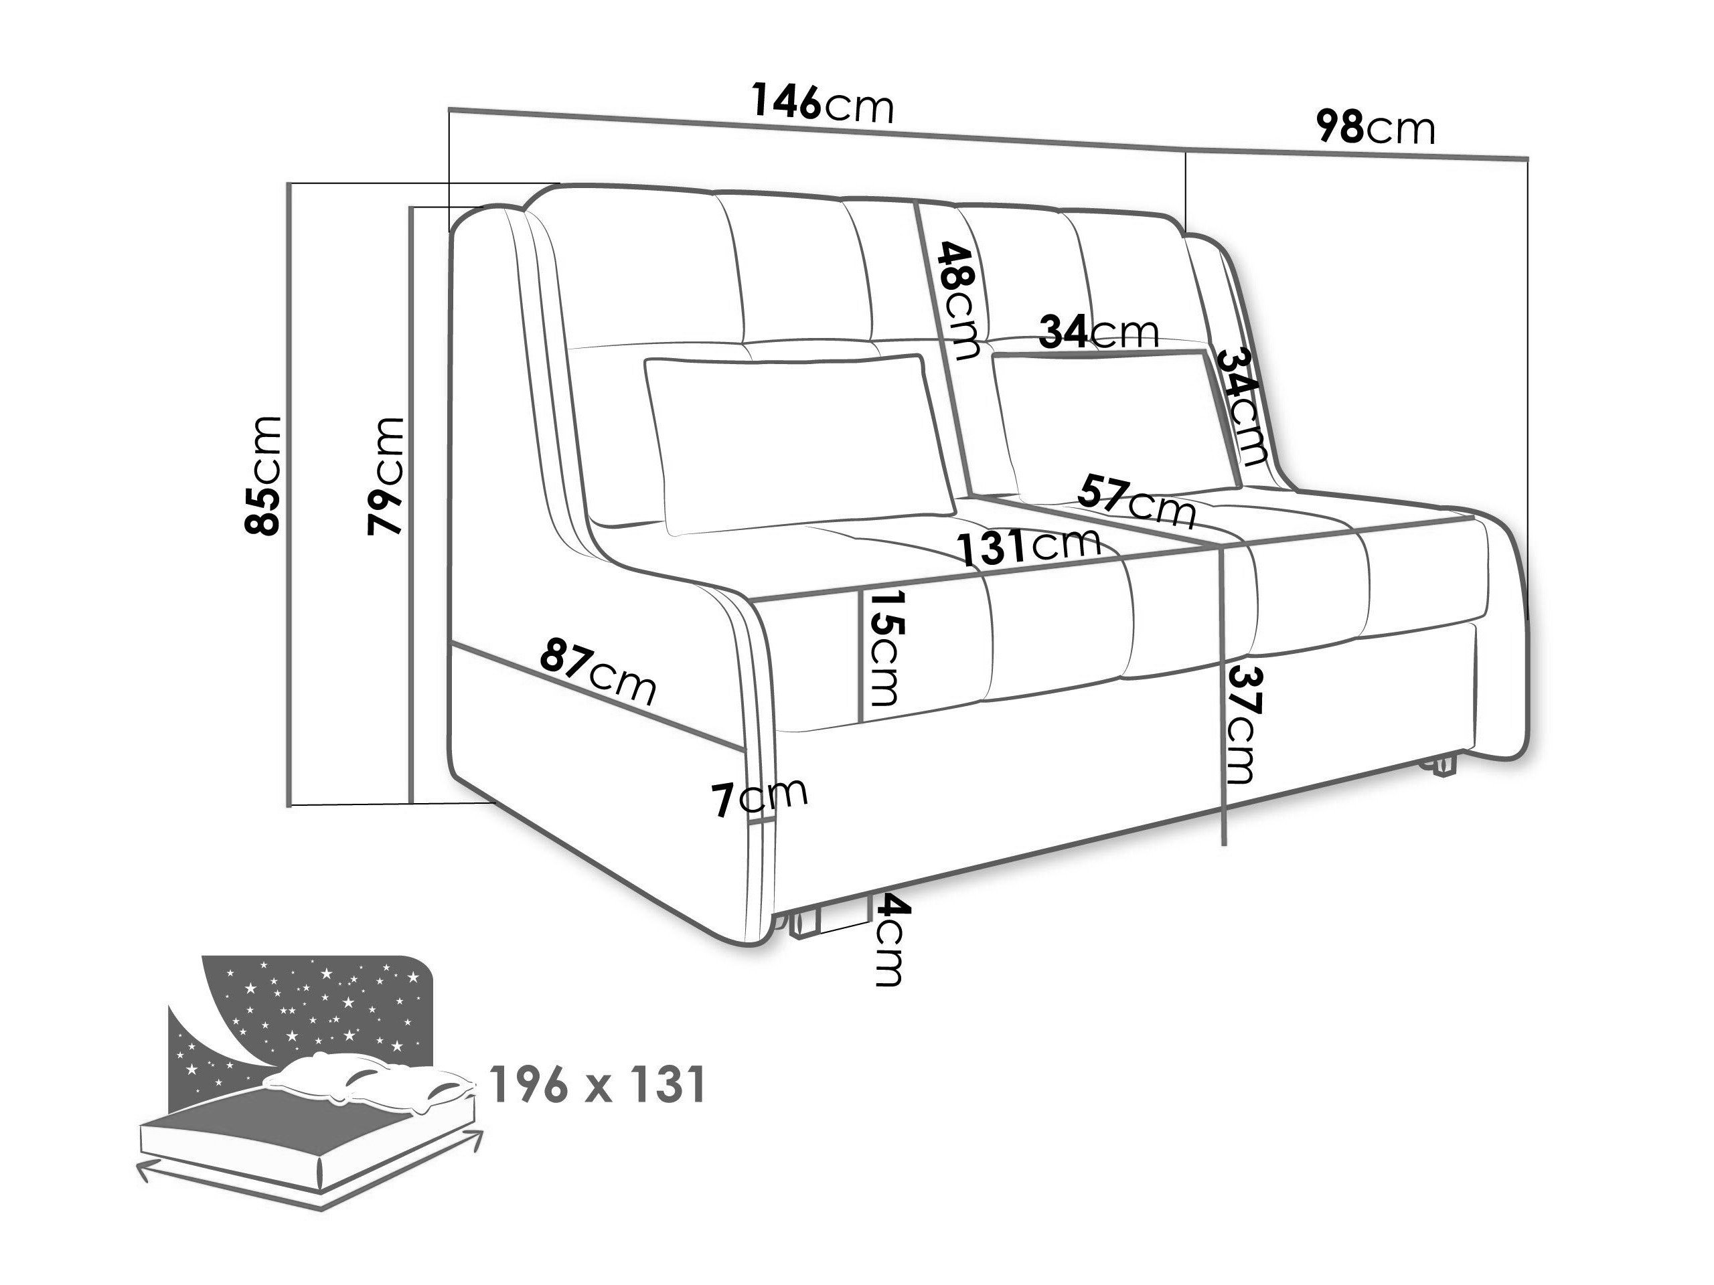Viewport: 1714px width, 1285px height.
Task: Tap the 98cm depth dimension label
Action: tap(1375, 128)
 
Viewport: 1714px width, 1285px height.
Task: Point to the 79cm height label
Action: tap(386, 476)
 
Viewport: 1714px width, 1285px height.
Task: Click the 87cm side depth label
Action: tap(598, 669)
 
